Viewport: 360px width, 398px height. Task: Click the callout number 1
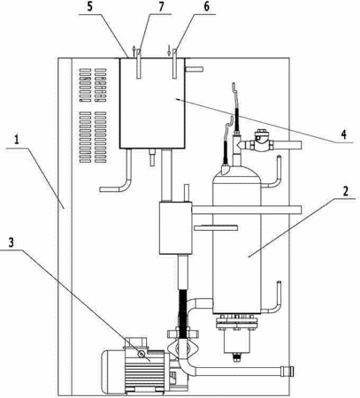coord(18,140)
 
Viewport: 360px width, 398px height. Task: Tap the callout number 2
coord(345,191)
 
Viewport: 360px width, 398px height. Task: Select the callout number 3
coord(11,242)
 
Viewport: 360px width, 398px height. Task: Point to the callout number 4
coord(343,134)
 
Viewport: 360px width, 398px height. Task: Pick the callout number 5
coord(89,6)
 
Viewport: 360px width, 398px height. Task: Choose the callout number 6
coord(206,7)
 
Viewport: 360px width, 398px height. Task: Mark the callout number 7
coord(161,7)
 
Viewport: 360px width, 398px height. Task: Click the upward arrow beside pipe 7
coord(134,51)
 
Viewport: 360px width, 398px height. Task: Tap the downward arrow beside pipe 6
coord(169,50)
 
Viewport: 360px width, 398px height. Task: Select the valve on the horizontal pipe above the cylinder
coord(260,141)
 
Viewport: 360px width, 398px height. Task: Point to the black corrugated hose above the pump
coord(183,310)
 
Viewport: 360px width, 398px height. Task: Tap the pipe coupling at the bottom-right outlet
coord(287,371)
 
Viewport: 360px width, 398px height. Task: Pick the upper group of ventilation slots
coord(93,85)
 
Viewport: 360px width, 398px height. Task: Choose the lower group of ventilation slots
coord(93,137)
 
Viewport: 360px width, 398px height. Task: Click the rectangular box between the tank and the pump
coord(175,228)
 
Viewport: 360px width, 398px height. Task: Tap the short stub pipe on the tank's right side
coord(194,69)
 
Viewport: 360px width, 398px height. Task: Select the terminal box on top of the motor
coord(138,343)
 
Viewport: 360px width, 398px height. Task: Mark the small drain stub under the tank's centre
coord(152,157)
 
